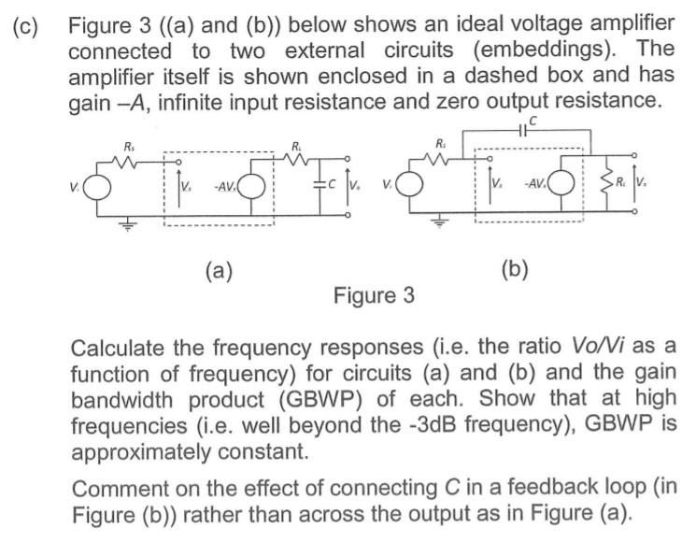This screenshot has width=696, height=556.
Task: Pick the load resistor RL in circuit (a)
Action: [x=297, y=158]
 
